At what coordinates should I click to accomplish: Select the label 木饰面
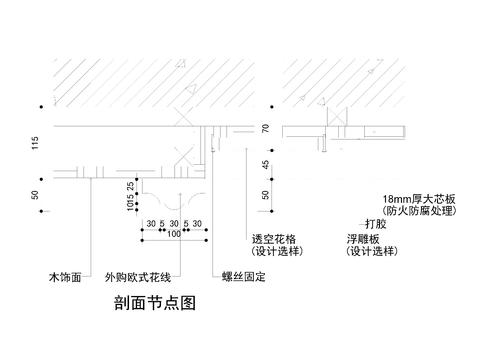coord(64,273)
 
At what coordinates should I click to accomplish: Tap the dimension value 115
coord(35,142)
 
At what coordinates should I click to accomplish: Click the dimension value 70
coord(266,128)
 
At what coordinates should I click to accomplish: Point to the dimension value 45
coord(266,164)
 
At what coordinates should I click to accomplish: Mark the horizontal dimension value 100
coord(174,233)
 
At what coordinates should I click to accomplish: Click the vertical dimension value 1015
coord(131,206)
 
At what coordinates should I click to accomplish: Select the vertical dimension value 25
coord(131,187)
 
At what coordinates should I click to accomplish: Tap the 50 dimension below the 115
coord(35,197)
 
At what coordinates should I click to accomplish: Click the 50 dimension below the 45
coord(266,197)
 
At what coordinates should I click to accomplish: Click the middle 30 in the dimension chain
coord(175,222)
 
